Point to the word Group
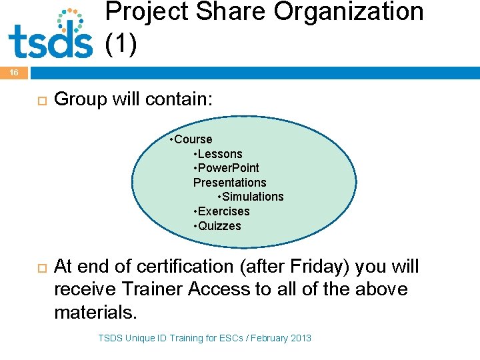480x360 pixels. click(79, 99)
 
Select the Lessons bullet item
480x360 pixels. click(219, 154)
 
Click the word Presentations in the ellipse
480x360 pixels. click(229, 183)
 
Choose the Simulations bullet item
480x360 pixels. click(252, 197)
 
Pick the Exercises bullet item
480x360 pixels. click(223, 211)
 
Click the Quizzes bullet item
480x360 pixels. click(219, 226)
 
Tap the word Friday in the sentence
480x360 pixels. click(317, 267)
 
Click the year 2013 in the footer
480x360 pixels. click(300, 338)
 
